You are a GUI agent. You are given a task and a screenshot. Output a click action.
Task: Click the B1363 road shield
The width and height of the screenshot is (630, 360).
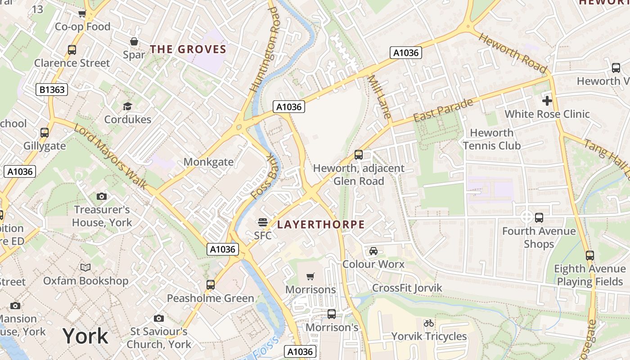tap(52, 90)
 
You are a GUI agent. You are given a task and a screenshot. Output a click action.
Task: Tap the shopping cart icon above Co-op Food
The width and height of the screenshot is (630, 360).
tap(82, 13)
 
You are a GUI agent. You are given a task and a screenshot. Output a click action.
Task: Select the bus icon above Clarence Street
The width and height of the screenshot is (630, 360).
tap(72, 50)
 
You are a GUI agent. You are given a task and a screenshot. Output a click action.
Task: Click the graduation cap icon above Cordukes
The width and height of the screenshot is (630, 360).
tap(128, 106)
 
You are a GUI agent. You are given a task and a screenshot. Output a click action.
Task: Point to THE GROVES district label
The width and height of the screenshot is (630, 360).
tap(188, 49)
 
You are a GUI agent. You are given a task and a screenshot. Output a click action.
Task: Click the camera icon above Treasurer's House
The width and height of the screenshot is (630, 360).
tap(102, 196)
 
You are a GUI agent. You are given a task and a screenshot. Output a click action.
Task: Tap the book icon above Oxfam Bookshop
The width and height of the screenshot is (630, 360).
tap(85, 267)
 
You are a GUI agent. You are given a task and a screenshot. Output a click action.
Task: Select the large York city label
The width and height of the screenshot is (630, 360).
tap(85, 336)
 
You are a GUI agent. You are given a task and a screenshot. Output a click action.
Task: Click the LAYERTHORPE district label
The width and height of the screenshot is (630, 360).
tap(321, 225)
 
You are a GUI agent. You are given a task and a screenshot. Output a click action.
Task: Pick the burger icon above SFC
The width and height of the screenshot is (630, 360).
tap(263, 222)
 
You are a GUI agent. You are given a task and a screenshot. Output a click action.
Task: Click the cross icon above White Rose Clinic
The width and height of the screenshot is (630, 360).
tap(547, 100)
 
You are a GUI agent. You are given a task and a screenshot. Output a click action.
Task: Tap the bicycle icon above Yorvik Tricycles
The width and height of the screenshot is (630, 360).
tap(429, 323)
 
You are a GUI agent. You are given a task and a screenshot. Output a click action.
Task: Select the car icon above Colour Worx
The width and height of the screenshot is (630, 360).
tap(373, 251)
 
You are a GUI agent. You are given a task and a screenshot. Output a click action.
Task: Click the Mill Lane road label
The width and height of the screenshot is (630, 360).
tap(380, 97)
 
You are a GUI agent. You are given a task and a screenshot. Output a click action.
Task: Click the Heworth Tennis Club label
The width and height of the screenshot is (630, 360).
tap(491, 139)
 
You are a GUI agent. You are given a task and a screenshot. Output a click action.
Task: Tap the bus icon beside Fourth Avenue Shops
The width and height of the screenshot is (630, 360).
tap(539, 218)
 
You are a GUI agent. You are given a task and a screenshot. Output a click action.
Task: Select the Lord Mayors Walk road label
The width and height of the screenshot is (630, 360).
tap(111, 157)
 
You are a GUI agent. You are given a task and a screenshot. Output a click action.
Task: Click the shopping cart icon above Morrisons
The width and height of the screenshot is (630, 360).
tap(310, 276)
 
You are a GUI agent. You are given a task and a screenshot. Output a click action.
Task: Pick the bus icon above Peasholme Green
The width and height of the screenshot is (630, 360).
tap(211, 284)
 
